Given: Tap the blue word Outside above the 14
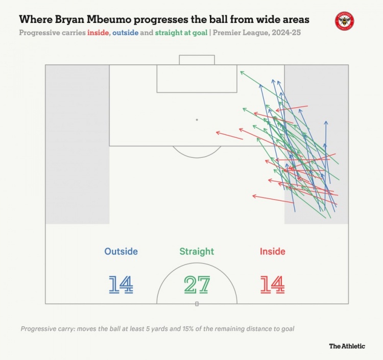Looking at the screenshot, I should (121, 251).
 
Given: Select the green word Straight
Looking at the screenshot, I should (197, 251).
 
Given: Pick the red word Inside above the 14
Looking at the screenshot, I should (272, 251).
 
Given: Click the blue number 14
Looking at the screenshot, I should (121, 284).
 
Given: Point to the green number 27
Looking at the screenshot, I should (197, 284).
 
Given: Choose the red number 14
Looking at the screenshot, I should (272, 284).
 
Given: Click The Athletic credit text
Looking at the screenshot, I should (347, 346).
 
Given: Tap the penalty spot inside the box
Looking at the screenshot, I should (197, 119).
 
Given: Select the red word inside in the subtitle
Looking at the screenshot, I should (101, 33).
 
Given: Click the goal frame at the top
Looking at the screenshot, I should (197, 59).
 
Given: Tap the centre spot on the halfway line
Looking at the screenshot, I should (197, 303).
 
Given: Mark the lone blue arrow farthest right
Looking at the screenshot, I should (326, 163).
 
